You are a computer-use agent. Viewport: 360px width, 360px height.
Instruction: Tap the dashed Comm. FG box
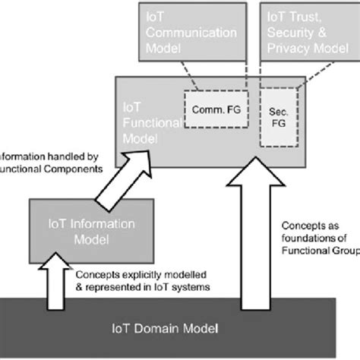click(213, 114)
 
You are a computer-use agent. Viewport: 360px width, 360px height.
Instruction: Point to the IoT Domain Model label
click(180, 328)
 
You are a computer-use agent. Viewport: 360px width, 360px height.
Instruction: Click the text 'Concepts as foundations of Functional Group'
click(319, 238)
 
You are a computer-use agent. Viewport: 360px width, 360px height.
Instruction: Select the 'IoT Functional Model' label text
click(147, 125)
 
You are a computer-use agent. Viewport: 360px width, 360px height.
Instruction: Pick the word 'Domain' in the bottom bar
click(180, 328)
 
